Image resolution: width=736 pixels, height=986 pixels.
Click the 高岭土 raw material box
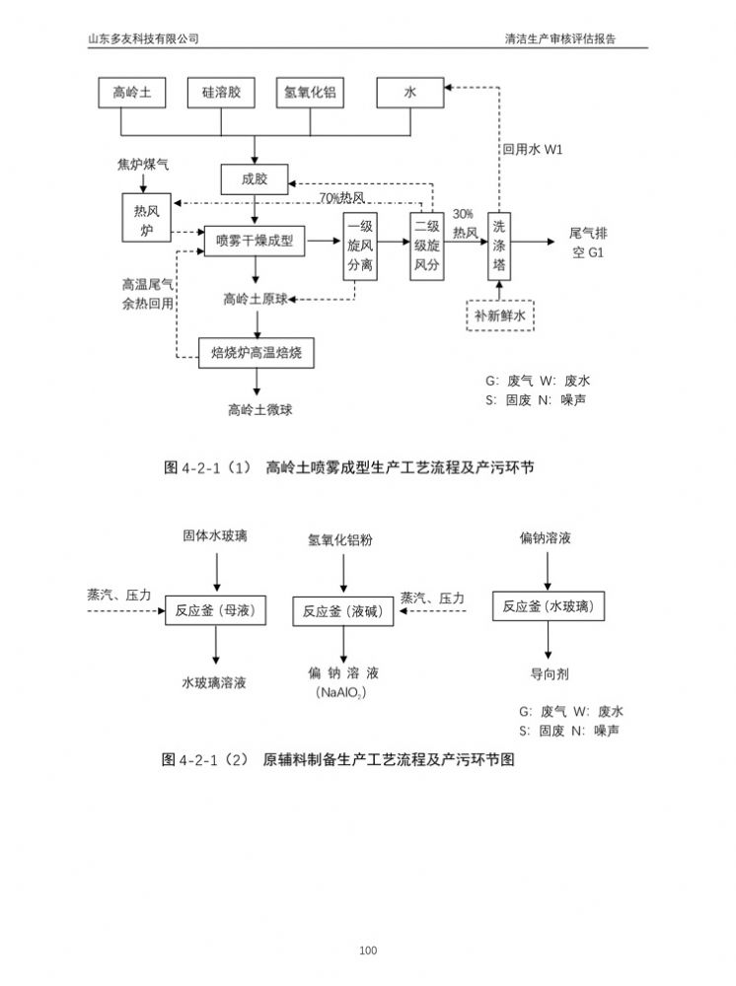click(133, 93)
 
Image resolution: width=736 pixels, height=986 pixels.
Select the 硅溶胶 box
click(228, 93)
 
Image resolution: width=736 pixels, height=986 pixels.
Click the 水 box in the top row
click(409, 93)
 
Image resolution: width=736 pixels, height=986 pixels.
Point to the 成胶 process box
click(255, 179)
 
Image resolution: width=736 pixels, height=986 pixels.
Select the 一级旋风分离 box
click(360, 246)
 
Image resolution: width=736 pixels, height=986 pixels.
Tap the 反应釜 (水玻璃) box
click(548, 606)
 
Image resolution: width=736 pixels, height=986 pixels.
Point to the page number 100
click(368, 951)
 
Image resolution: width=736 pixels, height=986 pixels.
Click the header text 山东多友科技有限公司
click(144, 39)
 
